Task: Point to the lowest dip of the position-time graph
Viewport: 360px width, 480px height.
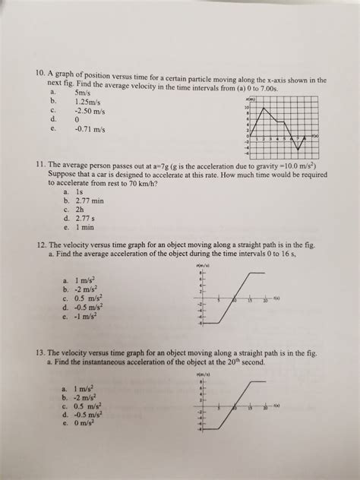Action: tap(302, 150)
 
